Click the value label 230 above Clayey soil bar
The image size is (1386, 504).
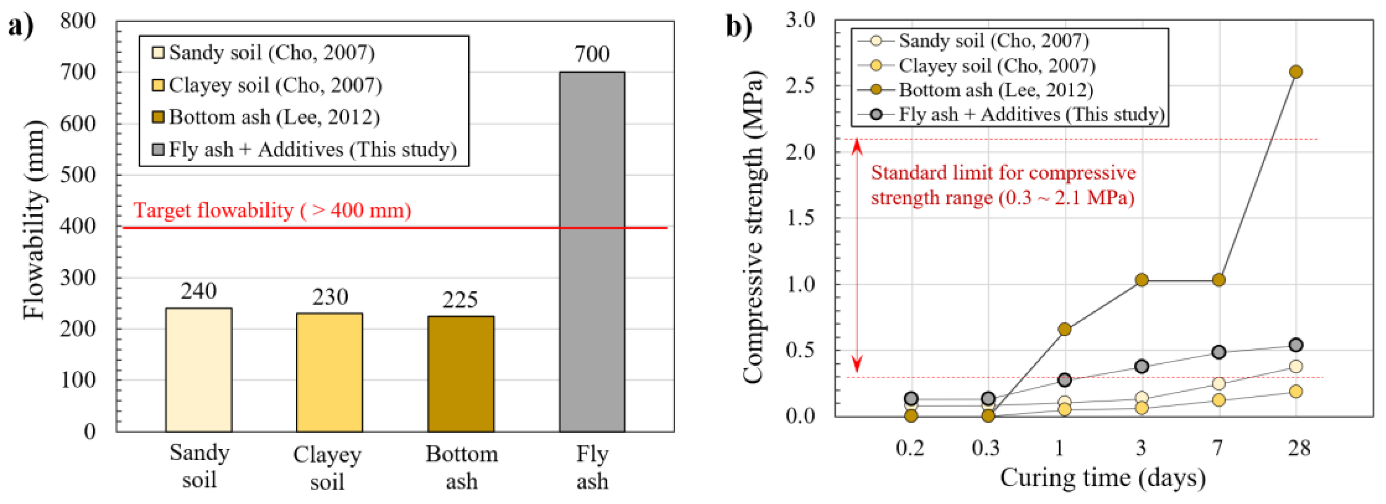coord(330,297)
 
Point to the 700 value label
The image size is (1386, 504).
coord(592,54)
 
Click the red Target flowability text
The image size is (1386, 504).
coord(272,210)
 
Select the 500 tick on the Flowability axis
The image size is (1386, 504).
coord(78,175)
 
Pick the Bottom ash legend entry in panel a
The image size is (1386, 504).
coord(266,117)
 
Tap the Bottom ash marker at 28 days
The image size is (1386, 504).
coord(1296,71)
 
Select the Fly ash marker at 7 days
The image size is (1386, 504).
coord(1219,352)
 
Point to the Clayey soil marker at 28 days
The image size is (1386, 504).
coord(1296,391)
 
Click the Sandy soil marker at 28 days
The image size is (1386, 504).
coord(1296,367)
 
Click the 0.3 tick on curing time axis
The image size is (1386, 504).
coord(986,448)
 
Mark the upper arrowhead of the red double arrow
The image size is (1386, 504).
coord(857,145)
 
